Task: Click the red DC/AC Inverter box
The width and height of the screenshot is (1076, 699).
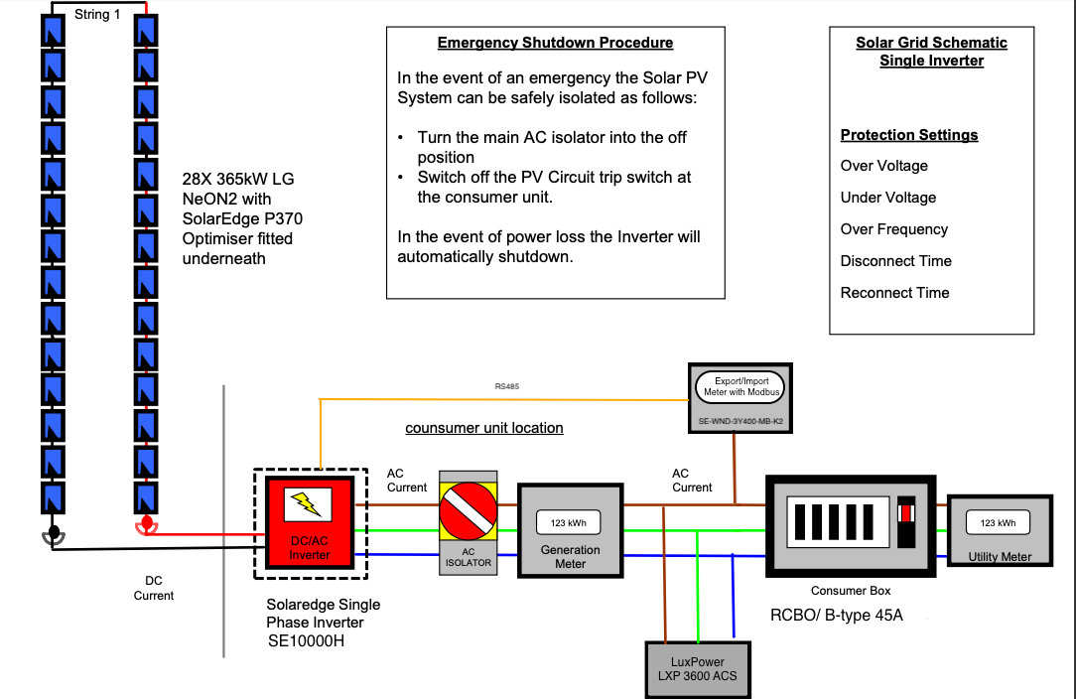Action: (310, 523)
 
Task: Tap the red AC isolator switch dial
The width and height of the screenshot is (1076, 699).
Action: (468, 511)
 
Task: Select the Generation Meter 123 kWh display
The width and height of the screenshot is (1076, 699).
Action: (568, 522)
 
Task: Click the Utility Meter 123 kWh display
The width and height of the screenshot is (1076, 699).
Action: (998, 522)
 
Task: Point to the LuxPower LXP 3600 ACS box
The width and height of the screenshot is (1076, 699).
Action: (698, 670)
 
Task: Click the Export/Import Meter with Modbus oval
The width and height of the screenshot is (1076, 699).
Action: (740, 386)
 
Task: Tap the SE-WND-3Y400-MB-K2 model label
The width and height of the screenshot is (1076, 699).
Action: (740, 421)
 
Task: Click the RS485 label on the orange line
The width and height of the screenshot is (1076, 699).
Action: (507, 386)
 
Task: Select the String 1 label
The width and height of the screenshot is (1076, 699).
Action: (97, 15)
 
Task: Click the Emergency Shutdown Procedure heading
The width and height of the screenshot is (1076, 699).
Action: (555, 43)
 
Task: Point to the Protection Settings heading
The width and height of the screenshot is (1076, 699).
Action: (909, 135)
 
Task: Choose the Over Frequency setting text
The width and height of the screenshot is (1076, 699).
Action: (894, 229)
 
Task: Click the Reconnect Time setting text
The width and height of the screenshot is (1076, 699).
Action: (894, 293)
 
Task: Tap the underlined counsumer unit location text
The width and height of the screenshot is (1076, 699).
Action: (483, 428)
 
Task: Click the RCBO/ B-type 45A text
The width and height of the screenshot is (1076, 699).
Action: (837, 616)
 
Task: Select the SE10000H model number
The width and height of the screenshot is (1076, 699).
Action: (306, 640)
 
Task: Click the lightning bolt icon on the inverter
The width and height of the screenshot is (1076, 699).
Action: (308, 504)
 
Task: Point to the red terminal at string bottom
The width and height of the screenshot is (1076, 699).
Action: (146, 526)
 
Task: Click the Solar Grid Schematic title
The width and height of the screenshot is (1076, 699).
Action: (931, 52)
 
